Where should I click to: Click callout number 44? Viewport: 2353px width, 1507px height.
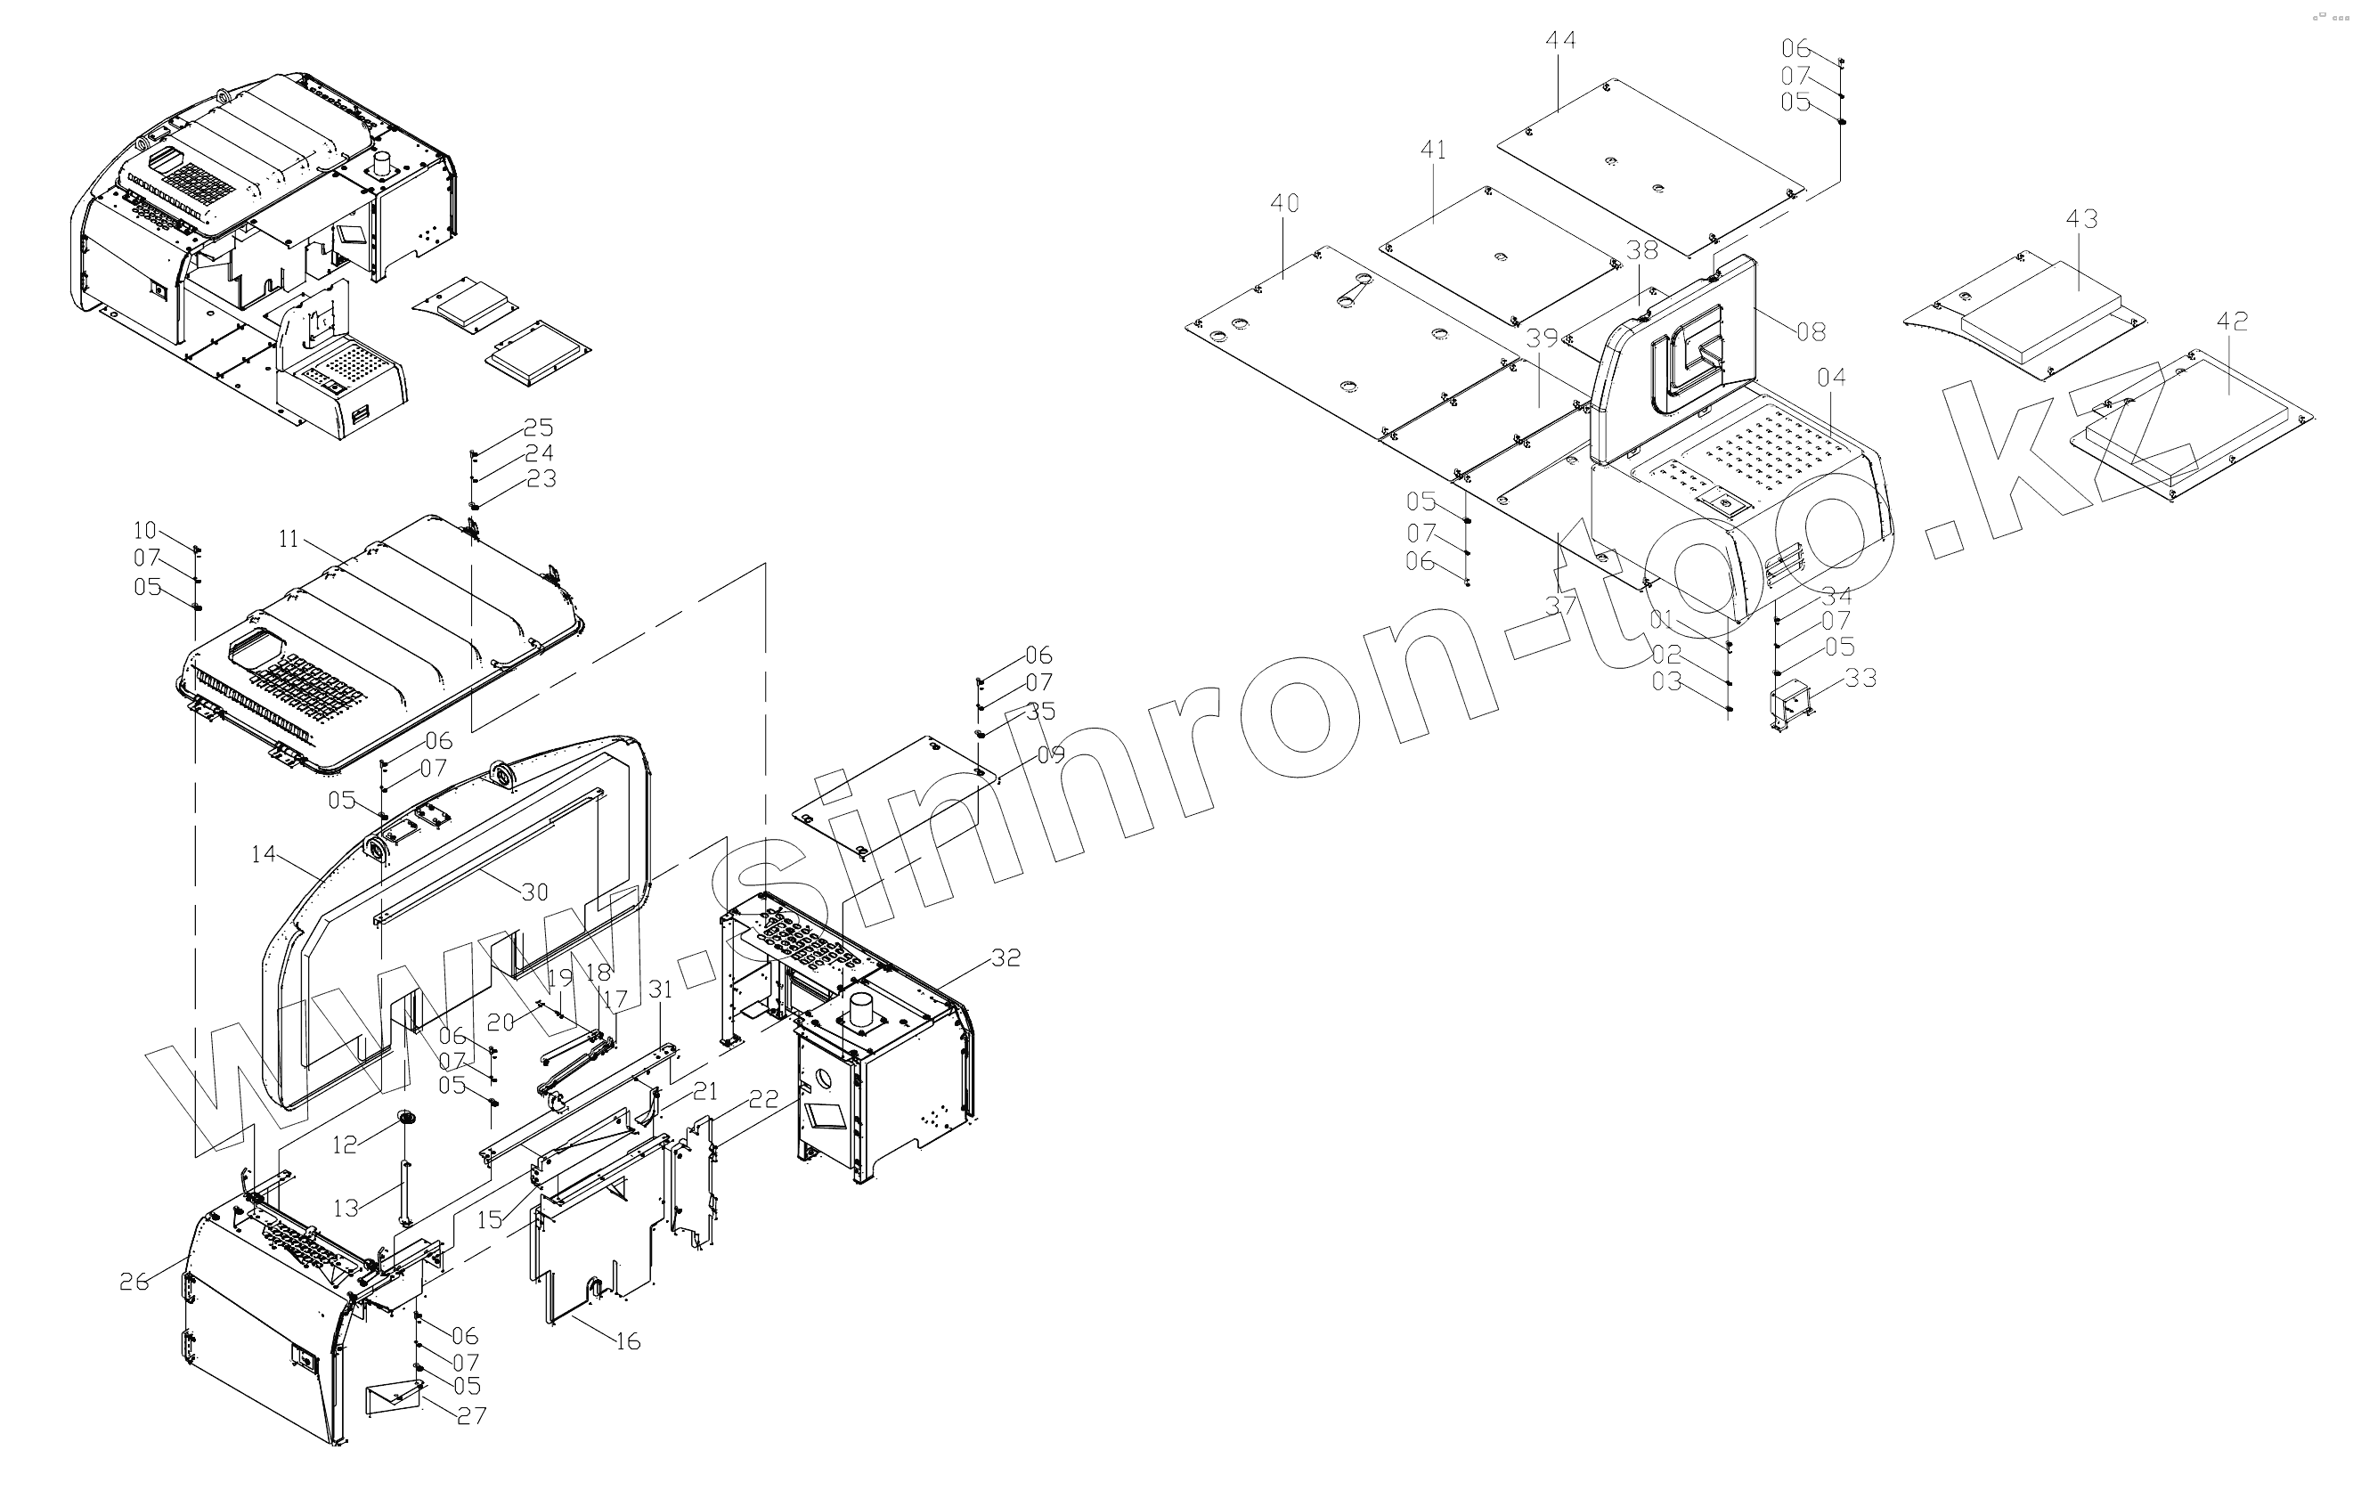click(1560, 41)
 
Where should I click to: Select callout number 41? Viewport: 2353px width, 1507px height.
click(1432, 151)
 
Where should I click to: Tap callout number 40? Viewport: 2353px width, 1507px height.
click(1284, 204)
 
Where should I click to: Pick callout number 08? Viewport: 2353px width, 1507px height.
click(1811, 331)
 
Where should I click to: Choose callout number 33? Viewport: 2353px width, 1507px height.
click(1860, 678)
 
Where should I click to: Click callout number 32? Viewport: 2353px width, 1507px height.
click(1006, 957)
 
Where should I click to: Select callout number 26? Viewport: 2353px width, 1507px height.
click(134, 1281)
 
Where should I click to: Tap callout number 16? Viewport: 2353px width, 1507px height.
click(628, 1341)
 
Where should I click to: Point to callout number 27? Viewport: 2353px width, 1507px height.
click(471, 1416)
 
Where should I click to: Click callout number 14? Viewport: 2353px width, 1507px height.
click(264, 854)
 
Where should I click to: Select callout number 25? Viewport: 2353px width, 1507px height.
click(538, 428)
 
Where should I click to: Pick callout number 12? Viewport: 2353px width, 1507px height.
click(345, 1144)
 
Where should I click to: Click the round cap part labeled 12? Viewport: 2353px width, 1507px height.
click(405, 1118)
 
